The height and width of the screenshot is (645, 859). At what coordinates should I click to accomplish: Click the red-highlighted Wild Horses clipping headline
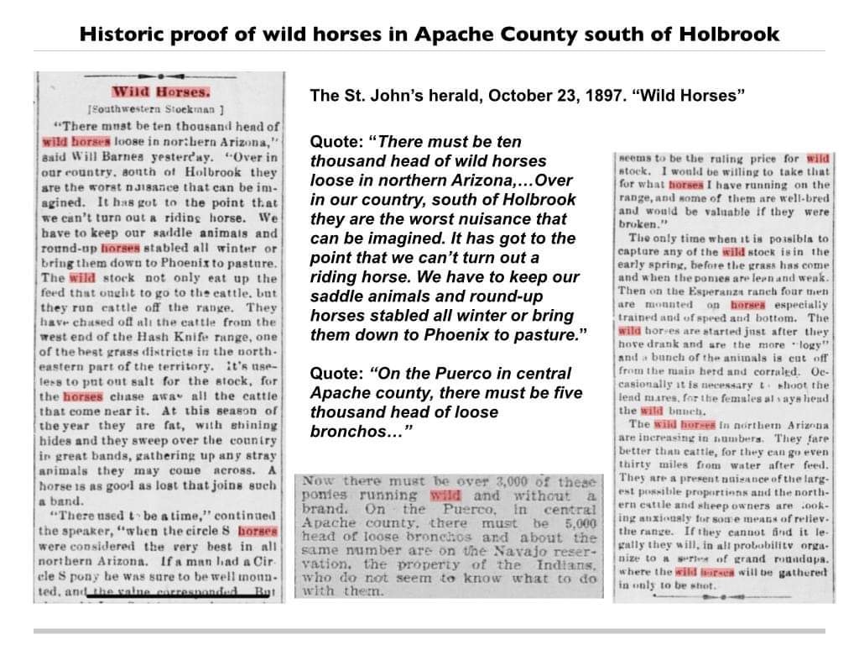[x=160, y=92]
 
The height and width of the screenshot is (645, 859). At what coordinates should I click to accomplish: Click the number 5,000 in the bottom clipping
[x=579, y=522]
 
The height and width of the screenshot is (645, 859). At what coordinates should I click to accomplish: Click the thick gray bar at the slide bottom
[x=429, y=630]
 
